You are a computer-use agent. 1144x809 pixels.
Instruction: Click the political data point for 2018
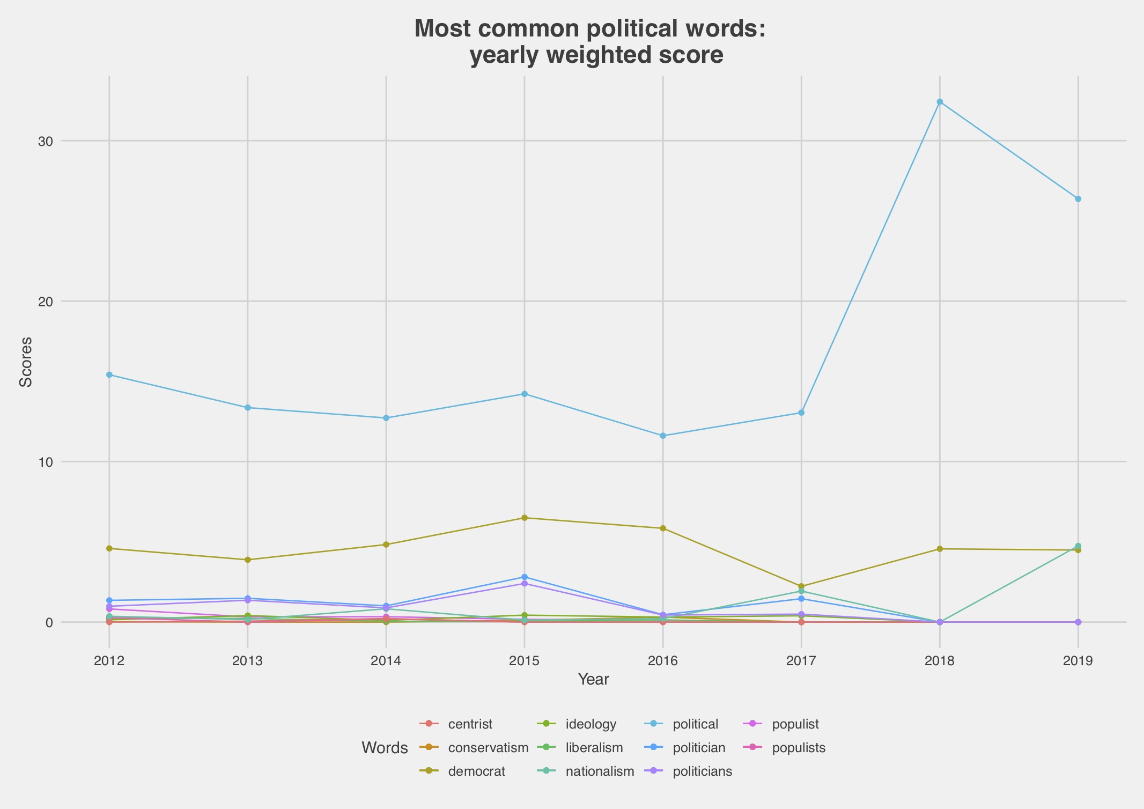940,102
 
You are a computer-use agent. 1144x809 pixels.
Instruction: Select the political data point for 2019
1078,199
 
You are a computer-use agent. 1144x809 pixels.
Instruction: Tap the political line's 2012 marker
109,375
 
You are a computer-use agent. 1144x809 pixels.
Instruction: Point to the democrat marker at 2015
525,518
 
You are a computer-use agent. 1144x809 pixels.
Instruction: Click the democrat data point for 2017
801,586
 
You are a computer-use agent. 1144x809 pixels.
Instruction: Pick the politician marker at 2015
525,577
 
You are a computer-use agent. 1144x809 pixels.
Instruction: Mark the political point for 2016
663,436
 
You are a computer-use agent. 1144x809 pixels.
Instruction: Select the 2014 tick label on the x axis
386,660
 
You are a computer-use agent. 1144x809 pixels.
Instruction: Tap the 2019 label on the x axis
1078,660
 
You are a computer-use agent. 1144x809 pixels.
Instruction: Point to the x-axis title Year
593,680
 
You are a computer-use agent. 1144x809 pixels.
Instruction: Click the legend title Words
385,748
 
